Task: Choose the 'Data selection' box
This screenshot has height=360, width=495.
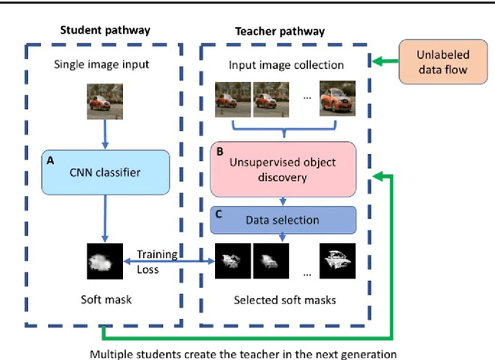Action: [282, 220]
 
